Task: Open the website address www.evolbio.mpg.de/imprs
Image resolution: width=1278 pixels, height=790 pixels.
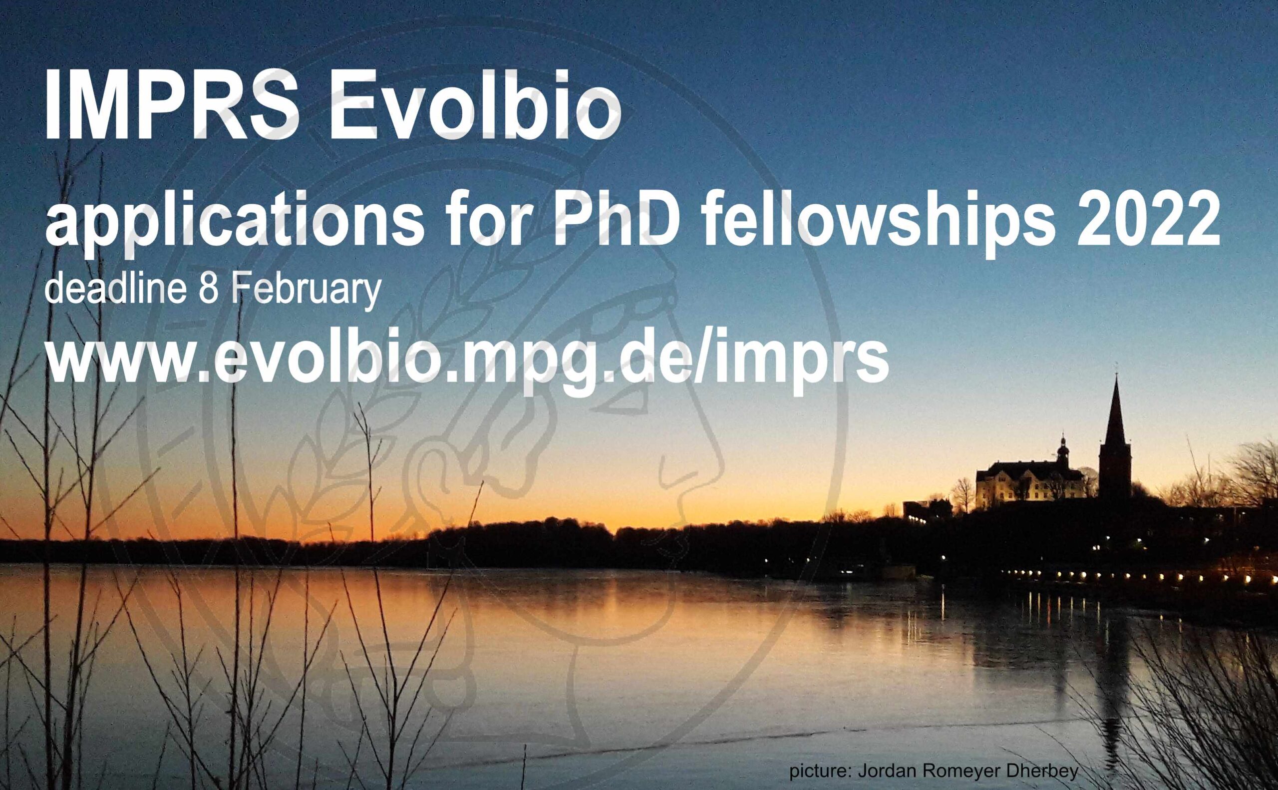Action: pos(467,361)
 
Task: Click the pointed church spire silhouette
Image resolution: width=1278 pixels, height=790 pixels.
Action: pos(1115,418)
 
